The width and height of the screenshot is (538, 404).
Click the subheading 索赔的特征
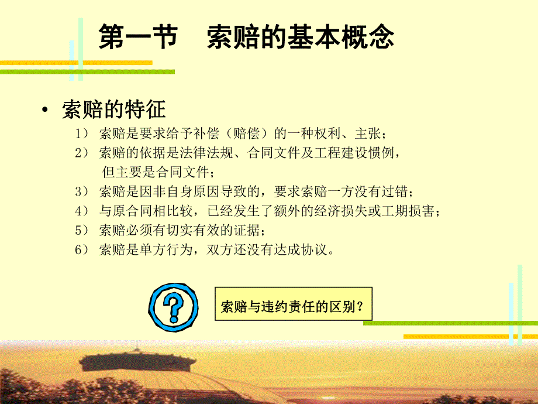[x=113, y=109]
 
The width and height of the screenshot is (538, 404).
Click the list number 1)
[x=81, y=134]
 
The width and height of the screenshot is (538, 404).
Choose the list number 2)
[x=81, y=153]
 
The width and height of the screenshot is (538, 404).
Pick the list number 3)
[x=81, y=192]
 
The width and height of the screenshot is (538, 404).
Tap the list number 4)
[x=81, y=211]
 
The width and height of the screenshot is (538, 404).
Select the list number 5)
[x=81, y=231]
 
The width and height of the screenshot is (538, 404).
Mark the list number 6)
[x=81, y=250]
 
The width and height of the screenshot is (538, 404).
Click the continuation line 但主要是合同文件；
[x=158, y=173]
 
